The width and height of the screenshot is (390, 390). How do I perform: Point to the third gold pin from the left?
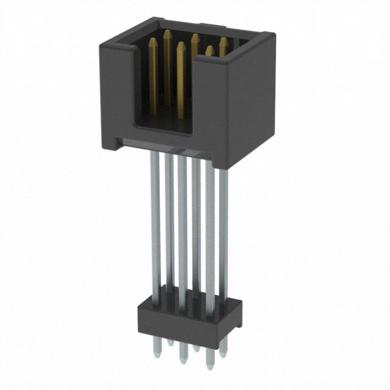point(181,79)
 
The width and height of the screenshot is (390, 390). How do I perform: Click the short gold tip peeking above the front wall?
point(210,51)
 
